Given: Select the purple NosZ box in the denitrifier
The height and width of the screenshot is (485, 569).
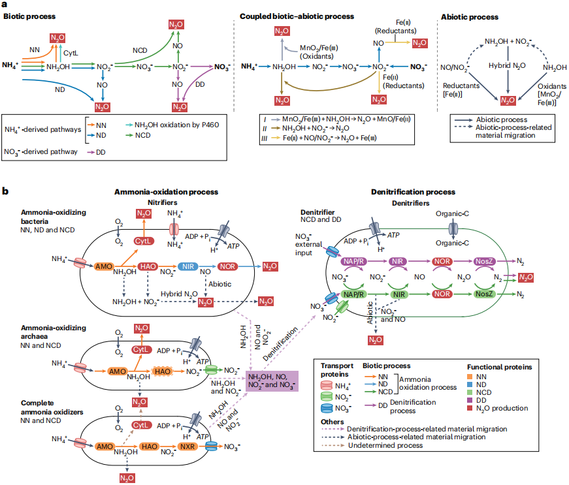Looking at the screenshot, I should tap(484, 261).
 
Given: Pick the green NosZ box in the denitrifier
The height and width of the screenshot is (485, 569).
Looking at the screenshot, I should tap(484, 294).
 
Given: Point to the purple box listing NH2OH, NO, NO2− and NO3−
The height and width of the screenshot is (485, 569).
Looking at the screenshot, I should tap(272, 381).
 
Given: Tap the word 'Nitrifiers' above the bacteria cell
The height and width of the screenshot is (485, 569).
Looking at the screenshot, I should tap(165, 202).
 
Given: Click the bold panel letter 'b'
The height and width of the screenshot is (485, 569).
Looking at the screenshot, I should tap(5, 191).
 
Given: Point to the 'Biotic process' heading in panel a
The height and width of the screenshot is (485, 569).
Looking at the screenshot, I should tap(30, 16).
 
